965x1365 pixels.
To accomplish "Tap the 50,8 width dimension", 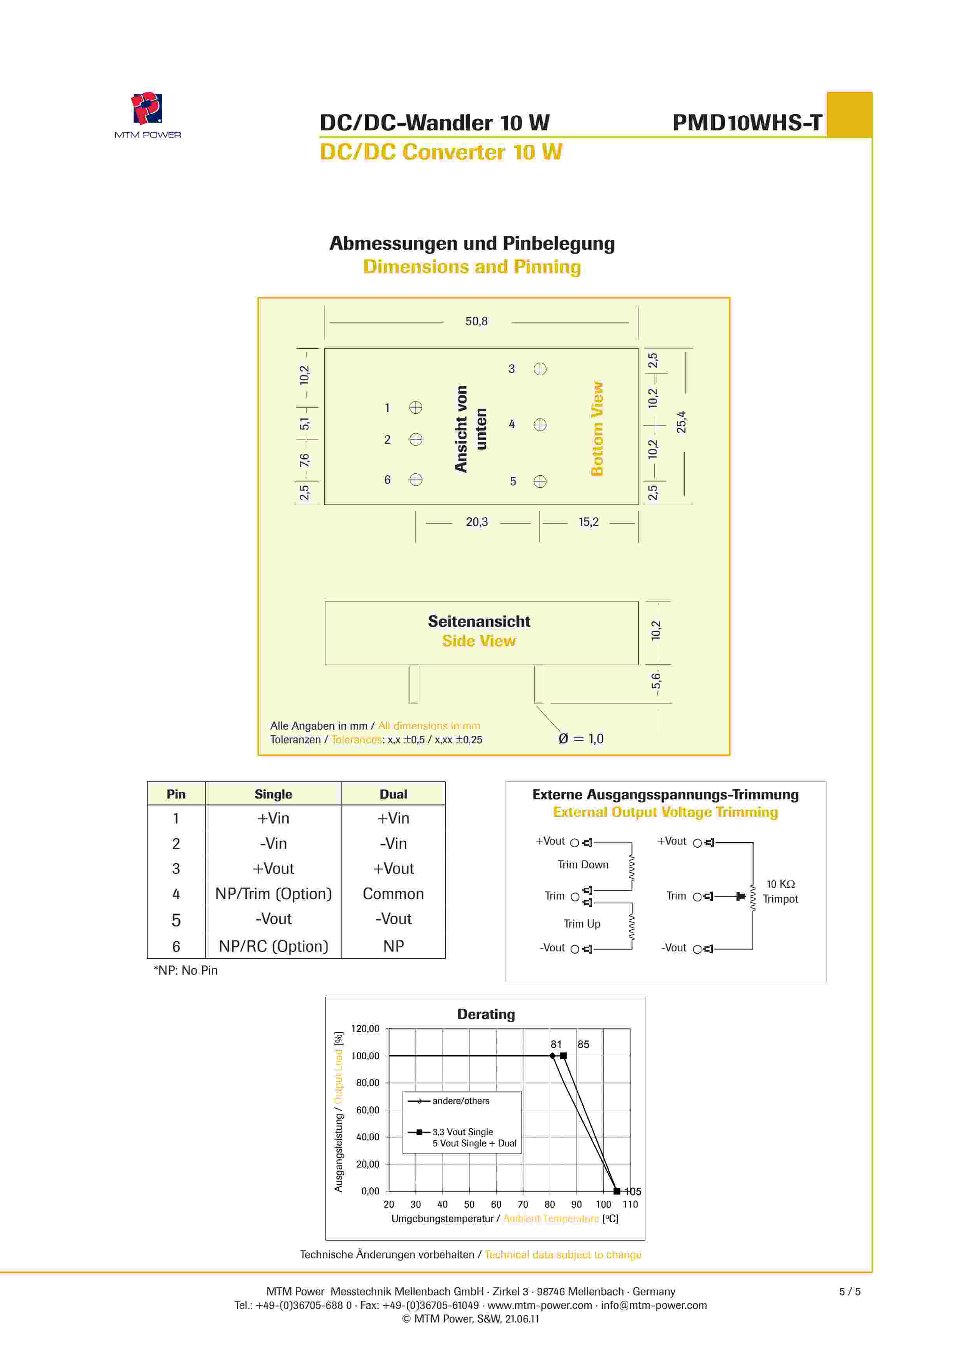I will coord(476,322).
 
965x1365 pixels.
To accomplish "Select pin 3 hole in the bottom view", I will coord(540,369).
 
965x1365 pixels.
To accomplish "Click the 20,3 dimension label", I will coord(476,522).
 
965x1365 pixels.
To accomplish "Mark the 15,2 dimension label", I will coord(588,522).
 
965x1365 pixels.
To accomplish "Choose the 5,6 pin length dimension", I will coord(656,681).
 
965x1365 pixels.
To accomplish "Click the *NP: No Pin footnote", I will coord(185,970).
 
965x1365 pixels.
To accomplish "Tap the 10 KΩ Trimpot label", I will coord(780,892).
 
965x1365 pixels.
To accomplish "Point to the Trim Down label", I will coord(582,865).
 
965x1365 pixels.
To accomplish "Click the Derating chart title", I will coord(485,1014).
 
